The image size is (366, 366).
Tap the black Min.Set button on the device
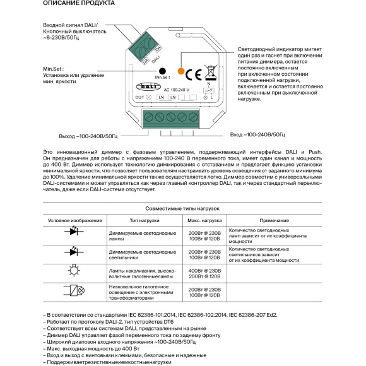[x=162, y=72]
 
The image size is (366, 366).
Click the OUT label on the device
[x=139, y=98]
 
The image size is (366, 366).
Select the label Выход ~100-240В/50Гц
[x=86, y=136]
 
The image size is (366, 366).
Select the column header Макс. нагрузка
[x=204, y=220]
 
